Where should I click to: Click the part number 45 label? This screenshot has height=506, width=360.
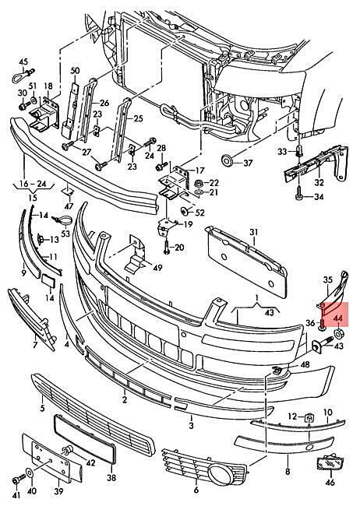pos(23,61)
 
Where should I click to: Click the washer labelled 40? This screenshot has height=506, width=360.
pos(30,473)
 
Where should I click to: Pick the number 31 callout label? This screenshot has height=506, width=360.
pos(254,232)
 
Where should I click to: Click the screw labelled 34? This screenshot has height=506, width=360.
pos(299,195)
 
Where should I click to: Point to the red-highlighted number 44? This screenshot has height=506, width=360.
pos(338,318)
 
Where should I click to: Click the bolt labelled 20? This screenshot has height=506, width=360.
pos(167,248)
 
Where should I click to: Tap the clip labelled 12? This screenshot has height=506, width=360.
pos(309,418)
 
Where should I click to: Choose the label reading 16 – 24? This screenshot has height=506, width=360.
pos(33,184)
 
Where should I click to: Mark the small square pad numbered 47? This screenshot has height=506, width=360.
pos(68,192)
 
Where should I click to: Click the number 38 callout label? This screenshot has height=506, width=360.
pos(111,477)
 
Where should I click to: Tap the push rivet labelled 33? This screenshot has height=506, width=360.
pos(298,151)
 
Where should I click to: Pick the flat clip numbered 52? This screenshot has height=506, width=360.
pos(185,212)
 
